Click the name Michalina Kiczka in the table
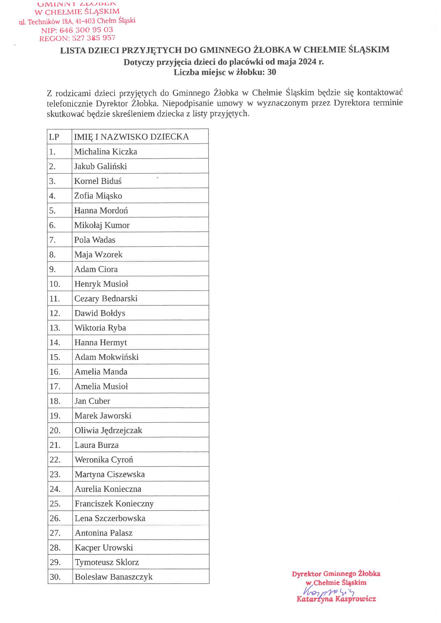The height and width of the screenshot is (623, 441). coord(105,152)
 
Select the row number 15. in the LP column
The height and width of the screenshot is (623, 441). coord(55,357)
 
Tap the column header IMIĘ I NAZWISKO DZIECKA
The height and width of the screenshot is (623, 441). coord(131,137)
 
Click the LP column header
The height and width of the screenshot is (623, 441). coord(54,137)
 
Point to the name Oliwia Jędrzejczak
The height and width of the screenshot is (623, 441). coord(108,430)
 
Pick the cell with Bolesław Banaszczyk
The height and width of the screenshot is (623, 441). coord(113,577)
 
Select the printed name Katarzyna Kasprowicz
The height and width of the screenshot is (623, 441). coord(336,599)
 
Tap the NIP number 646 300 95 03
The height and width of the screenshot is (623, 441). coord(86,30)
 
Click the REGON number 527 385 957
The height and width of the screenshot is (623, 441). coord(94,38)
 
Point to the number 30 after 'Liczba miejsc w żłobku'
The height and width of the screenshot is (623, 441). coord(272,72)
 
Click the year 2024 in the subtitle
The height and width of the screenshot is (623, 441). coord(308,62)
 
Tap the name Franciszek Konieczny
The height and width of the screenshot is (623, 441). coord(114,504)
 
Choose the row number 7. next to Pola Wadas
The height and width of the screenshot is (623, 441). coord(53,240)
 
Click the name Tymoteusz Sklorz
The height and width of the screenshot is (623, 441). coord(107,562)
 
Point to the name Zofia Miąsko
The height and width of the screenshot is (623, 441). coord(98,196)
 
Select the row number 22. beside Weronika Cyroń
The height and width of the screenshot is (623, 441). coord(55,460)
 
